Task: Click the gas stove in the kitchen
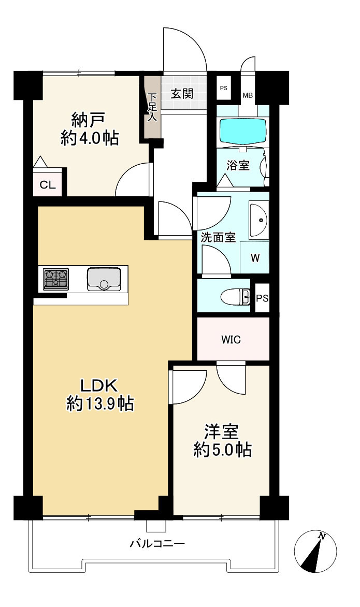coord(56,278)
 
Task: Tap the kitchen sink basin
coord(104,279)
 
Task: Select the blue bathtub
coord(243,131)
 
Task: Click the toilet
coord(235,297)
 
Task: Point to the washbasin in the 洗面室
coord(258,221)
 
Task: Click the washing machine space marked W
coord(255,257)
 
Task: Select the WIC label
coord(231,340)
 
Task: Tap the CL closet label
coord(48,185)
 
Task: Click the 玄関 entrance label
coord(182,94)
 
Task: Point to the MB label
coord(248,95)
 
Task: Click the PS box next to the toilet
coord(262,298)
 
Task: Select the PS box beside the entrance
coord(223,88)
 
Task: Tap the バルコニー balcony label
coord(157,543)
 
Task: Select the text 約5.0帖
coord(223,450)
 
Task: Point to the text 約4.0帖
coord(90,138)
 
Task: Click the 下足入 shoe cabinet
coord(152,107)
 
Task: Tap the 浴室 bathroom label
coord(238,166)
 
